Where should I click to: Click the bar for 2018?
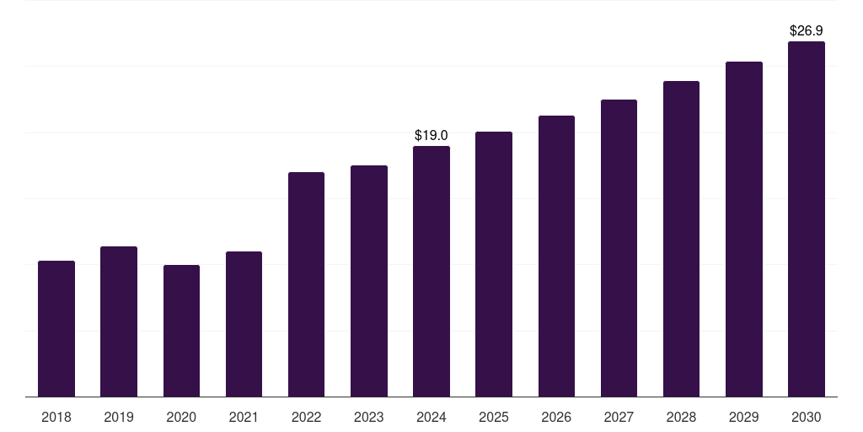56,328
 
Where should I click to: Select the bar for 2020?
182,331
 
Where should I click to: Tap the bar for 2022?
306,284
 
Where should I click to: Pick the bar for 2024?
431,271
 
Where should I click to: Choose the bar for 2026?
556,256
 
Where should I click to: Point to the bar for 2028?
681,239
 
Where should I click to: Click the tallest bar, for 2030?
807,219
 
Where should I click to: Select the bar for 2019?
119,321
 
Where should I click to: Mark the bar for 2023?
369,281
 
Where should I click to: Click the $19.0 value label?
431,135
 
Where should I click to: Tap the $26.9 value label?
807,31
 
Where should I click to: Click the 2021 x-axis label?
244,417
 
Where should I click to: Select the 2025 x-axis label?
494,417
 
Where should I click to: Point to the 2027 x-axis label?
619,417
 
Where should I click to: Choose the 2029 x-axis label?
743,417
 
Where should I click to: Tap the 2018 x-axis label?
56,417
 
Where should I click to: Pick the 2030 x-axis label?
807,417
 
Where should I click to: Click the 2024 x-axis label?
431,417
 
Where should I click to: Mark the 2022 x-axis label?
306,417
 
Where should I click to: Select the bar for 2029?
744,229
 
